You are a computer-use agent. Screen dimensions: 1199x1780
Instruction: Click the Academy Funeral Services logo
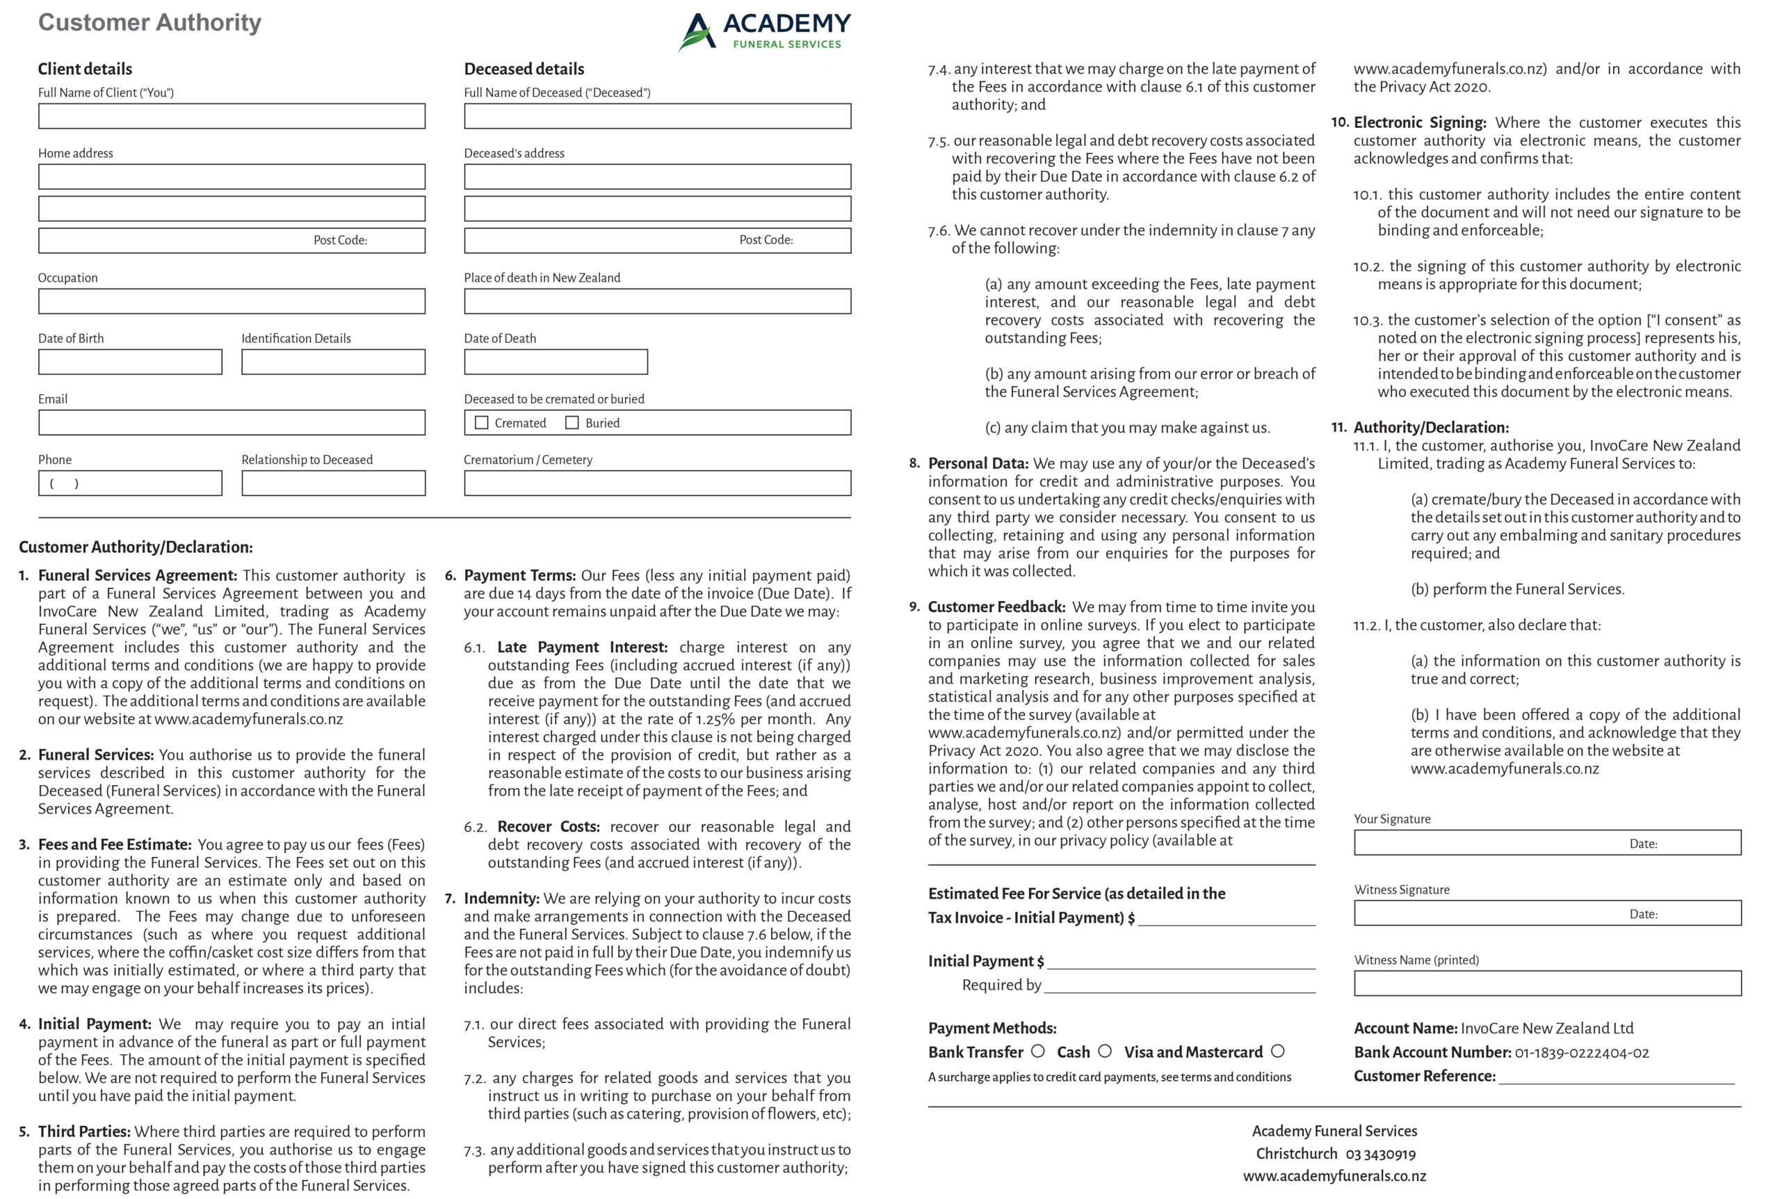tap(764, 31)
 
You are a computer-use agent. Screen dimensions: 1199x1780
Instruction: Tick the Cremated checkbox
tap(481, 423)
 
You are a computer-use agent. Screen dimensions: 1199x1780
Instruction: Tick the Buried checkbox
tap(572, 423)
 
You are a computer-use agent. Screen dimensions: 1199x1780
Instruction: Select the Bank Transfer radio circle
tap(1038, 1052)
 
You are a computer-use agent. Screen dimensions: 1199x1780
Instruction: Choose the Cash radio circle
tap(1104, 1052)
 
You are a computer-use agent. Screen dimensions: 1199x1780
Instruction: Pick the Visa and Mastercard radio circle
tap(1278, 1052)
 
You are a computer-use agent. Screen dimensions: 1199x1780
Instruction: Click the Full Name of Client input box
tap(232, 116)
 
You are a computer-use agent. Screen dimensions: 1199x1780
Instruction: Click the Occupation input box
tap(232, 301)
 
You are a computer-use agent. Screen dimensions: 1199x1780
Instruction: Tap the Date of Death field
tap(556, 362)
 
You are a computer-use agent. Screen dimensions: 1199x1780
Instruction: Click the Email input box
tap(232, 423)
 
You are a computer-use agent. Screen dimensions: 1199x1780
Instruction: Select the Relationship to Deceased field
tap(333, 483)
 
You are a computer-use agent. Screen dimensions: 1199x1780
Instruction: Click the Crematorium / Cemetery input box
tap(657, 483)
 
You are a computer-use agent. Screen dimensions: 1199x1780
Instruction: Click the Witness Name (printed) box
tap(1547, 983)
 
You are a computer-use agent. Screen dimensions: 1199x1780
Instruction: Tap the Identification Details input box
tap(333, 362)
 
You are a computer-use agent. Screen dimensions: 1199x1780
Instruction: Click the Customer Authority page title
tap(149, 23)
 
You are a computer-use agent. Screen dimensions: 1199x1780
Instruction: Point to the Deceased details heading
tap(524, 69)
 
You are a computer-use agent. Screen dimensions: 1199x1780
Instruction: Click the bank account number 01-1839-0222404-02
tap(1581, 1053)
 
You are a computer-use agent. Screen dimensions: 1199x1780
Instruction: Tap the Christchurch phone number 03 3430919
tap(1380, 1154)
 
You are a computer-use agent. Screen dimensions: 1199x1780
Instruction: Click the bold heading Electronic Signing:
tap(1419, 122)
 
